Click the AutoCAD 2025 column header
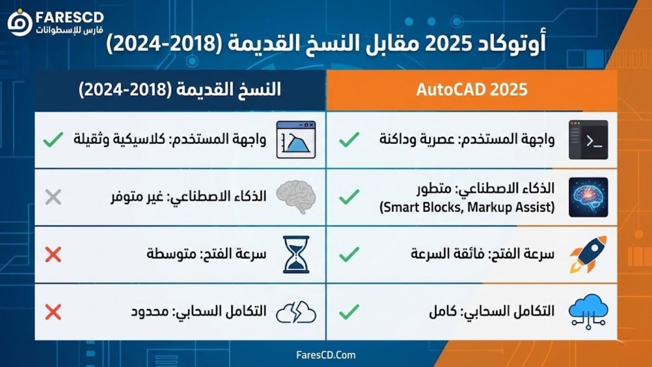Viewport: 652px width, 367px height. tap(472, 89)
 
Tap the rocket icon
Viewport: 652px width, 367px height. tap(588, 254)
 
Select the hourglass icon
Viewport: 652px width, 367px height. tap(296, 254)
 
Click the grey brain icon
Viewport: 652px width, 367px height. tap(296, 197)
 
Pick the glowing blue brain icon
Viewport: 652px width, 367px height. tap(588, 197)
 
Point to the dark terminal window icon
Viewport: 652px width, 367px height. tap(588, 140)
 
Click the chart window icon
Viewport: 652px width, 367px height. tap(296, 140)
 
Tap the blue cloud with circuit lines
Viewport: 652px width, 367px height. tap(588, 311)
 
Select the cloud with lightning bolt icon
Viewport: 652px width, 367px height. tap(296, 312)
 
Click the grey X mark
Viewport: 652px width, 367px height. tap(53, 197)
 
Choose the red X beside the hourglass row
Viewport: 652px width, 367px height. tap(53, 254)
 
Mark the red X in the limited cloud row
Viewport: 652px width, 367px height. tap(53, 312)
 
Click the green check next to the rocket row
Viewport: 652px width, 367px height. tap(349, 254)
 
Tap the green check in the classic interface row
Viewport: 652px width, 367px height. tap(53, 139)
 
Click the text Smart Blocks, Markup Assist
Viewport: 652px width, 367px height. tap(467, 207)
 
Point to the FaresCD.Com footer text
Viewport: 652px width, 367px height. tap(326, 355)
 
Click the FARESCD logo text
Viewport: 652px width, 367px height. tap(70, 17)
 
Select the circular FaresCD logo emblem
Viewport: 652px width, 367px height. tap(20, 23)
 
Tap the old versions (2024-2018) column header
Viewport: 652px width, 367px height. tap(180, 89)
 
